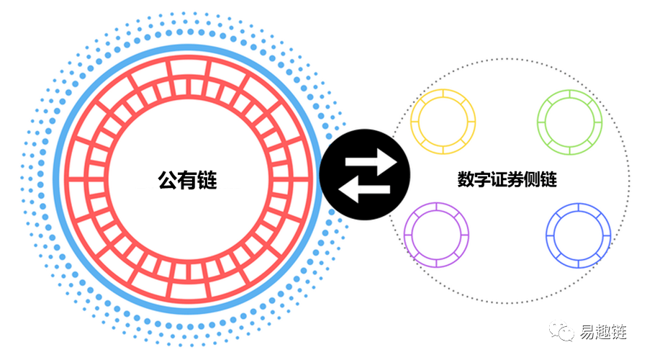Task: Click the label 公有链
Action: [187, 181]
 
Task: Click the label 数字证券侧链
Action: [507, 179]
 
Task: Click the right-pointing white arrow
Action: [371, 162]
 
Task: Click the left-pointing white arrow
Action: [364, 189]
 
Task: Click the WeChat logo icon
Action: [561, 330]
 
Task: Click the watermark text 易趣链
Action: [603, 331]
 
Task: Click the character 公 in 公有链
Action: [168, 181]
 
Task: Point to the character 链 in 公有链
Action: [207, 181]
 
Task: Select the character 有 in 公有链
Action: [188, 181]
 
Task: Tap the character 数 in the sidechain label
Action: [466, 179]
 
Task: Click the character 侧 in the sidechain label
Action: [533, 179]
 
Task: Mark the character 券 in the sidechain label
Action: [516, 179]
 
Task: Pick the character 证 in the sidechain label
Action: [499, 179]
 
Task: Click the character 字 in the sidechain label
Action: [482, 179]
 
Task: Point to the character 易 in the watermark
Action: [587, 331]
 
